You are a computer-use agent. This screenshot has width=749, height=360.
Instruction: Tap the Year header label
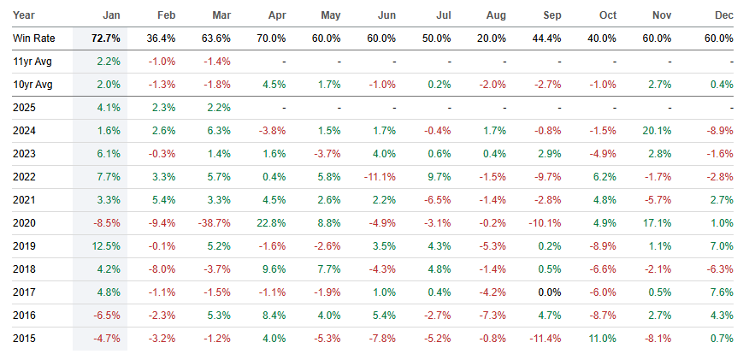pyautogui.click(x=25, y=15)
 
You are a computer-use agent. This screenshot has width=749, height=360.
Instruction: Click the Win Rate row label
pyautogui.click(x=33, y=38)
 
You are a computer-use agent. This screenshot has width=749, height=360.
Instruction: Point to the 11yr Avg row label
pyautogui.click(x=32, y=62)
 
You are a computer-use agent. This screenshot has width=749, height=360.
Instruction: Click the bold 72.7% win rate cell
pyautogui.click(x=99, y=38)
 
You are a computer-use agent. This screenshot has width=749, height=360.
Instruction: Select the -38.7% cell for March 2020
pyautogui.click(x=217, y=223)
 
